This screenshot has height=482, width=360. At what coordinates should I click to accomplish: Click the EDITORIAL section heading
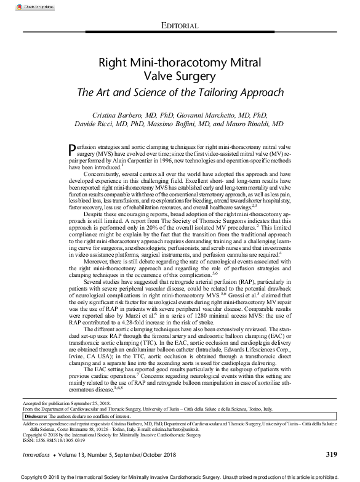179,25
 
